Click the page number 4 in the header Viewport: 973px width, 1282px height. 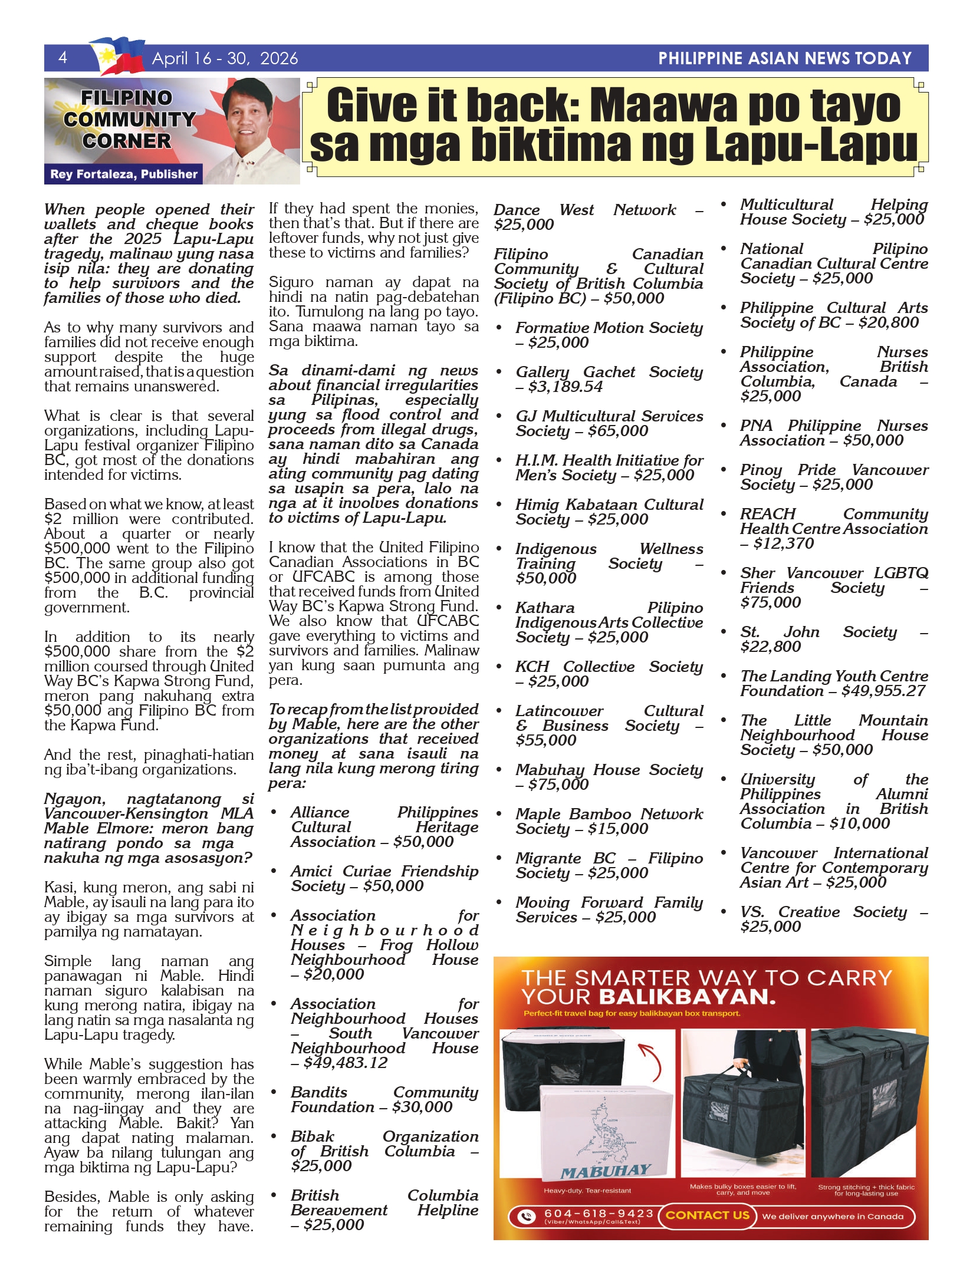(63, 57)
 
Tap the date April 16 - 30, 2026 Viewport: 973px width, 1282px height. (225, 58)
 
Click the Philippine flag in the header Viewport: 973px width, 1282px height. (118, 56)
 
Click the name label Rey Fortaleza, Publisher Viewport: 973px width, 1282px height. (124, 174)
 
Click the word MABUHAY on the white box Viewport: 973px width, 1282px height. (605, 1172)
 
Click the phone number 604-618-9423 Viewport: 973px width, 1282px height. (599, 1214)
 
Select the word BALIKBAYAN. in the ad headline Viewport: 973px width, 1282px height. (687, 997)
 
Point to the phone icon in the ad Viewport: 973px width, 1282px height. (526, 1215)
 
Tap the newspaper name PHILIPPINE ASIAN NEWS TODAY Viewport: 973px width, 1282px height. (785, 58)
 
